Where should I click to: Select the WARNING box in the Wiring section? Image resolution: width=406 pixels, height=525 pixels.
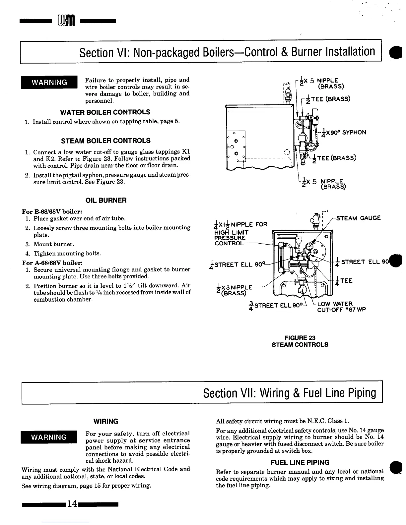point(49,437)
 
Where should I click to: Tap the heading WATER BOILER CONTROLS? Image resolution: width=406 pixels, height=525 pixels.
point(105,112)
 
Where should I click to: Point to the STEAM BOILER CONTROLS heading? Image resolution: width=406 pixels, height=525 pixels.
point(106,141)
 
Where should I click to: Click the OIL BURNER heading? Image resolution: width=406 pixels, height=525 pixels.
point(106,201)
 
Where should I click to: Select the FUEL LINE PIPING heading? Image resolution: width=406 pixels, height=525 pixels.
point(300,462)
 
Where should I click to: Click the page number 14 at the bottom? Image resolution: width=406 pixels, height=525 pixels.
point(72,504)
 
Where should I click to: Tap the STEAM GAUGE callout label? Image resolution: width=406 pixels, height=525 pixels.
point(358,218)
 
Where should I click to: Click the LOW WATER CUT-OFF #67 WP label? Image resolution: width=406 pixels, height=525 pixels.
point(341,307)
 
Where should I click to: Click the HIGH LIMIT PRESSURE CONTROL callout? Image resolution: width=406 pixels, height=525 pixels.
point(232,236)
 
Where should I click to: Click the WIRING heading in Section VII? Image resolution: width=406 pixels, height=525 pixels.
point(106,421)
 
